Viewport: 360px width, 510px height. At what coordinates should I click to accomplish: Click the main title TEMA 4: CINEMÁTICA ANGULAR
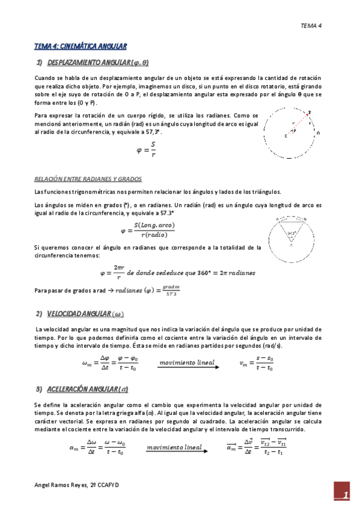point(80,46)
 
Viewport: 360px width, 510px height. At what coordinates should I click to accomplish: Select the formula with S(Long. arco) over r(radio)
point(148,230)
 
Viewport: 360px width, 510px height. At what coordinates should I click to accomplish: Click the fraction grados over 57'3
point(171,290)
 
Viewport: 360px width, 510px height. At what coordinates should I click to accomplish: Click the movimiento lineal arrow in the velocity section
point(189,363)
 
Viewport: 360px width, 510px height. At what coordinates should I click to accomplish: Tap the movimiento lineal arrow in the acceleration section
point(174,448)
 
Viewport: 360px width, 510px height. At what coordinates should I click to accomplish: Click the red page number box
point(343,494)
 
